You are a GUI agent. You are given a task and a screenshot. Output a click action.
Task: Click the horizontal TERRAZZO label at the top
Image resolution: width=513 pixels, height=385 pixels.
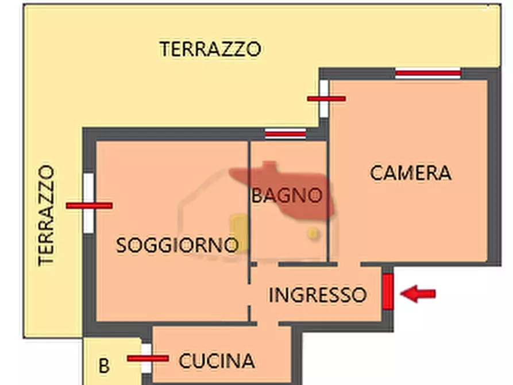click(x=210, y=49)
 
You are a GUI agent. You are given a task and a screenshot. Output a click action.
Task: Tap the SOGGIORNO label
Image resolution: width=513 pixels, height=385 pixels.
click(x=177, y=245)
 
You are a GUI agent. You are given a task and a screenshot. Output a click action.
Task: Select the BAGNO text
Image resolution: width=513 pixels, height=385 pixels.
click(x=286, y=195)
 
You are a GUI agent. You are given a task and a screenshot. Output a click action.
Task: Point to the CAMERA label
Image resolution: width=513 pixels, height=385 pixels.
click(x=410, y=173)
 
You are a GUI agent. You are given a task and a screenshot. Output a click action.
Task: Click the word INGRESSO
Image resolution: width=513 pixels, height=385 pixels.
click(x=317, y=295)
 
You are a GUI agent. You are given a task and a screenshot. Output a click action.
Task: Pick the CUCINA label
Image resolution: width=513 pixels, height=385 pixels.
click(x=217, y=361)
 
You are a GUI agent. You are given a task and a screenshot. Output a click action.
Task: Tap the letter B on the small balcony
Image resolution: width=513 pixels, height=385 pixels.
click(x=103, y=365)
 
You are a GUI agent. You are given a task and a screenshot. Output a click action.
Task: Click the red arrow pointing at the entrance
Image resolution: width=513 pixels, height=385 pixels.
click(x=418, y=294)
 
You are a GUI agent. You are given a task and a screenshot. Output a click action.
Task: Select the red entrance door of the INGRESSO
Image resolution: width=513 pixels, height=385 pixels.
click(x=388, y=292)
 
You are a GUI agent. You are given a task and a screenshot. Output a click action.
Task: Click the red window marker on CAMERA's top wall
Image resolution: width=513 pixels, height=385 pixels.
click(x=428, y=73)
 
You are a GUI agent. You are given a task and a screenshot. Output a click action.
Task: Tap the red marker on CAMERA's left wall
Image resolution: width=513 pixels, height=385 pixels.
click(x=326, y=99)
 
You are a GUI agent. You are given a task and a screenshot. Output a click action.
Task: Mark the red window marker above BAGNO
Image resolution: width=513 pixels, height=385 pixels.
click(x=285, y=134)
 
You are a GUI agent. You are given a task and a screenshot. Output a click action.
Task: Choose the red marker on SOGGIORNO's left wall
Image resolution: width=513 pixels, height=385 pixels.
click(x=88, y=205)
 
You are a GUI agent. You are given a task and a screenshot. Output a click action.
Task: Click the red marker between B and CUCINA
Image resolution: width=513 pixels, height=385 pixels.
click(x=147, y=358)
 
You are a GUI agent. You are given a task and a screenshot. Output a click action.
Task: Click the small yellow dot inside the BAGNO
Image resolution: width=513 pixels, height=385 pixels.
click(x=313, y=233)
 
